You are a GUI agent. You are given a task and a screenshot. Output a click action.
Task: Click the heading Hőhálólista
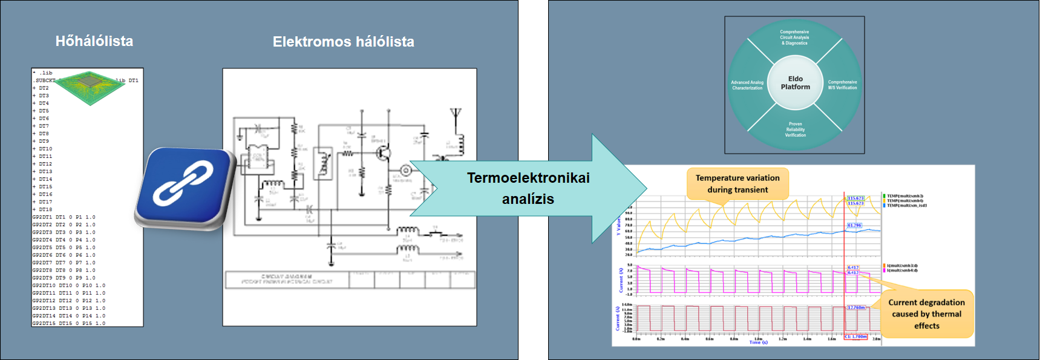pyautogui.click(x=94, y=41)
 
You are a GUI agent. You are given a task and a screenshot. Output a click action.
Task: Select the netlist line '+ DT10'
pyautogui.click(x=44, y=149)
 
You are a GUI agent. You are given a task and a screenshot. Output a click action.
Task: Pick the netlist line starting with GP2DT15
pyautogui.click(x=68, y=323)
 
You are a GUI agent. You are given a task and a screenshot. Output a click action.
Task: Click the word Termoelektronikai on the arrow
pyautogui.click(x=528, y=178)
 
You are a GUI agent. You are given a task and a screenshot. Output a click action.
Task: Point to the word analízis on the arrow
pyautogui.click(x=528, y=199)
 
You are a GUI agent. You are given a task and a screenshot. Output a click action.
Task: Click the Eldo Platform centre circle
pyautogui.click(x=795, y=83)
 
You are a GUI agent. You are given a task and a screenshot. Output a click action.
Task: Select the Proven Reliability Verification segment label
pyautogui.click(x=795, y=129)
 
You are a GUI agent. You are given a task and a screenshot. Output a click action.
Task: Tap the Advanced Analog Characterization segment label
pyautogui.click(x=747, y=85)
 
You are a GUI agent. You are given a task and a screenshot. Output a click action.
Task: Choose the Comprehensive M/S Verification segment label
pyautogui.click(x=842, y=85)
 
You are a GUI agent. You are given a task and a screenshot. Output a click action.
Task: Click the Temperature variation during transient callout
pyautogui.click(x=737, y=184)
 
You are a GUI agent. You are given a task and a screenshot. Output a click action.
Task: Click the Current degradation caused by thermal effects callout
pyautogui.click(x=926, y=314)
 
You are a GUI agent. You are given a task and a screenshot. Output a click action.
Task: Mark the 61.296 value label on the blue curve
pyautogui.click(x=854, y=225)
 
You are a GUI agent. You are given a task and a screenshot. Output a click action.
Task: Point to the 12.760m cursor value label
pyautogui.click(x=856, y=307)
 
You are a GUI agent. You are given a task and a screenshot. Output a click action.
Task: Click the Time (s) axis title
pyautogui.click(x=758, y=342)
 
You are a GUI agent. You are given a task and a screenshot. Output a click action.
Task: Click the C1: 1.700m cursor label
pyautogui.click(x=855, y=336)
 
